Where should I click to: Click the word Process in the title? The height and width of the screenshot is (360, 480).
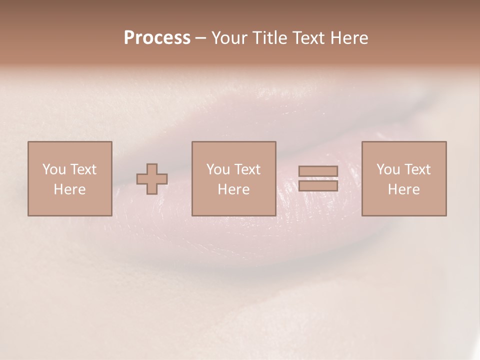tap(157, 38)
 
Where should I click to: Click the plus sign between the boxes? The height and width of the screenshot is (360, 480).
tap(152, 179)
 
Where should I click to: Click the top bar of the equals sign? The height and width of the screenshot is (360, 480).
tap(318, 171)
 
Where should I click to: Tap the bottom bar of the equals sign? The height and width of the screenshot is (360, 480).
tap(318, 186)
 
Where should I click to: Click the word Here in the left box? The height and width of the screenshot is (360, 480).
tap(69, 189)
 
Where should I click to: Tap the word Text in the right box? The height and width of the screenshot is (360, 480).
tap(417, 169)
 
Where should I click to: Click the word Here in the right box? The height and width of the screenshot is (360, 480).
tap(403, 189)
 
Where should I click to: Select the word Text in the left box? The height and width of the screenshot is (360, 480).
tap(83, 169)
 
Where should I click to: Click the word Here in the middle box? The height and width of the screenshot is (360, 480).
tap(233, 189)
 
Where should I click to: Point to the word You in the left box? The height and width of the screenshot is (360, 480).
tap(53, 169)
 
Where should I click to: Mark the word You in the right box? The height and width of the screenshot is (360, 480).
tap(388, 169)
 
